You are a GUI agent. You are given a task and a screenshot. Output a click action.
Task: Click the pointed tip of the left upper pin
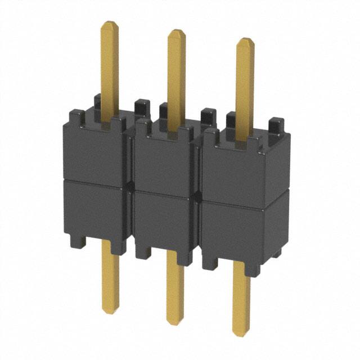click(110, 24)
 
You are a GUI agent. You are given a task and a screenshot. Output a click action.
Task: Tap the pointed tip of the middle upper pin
click(177, 31)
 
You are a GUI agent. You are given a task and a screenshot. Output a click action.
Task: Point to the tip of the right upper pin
click(245, 40)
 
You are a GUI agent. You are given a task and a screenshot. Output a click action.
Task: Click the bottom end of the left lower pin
click(111, 310)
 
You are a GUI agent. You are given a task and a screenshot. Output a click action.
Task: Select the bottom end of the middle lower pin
click(175, 322)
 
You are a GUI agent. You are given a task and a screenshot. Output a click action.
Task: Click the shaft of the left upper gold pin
click(110, 67)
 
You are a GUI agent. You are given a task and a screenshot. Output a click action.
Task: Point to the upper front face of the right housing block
click(236, 169)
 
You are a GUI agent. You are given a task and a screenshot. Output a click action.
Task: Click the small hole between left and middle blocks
click(130, 185)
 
